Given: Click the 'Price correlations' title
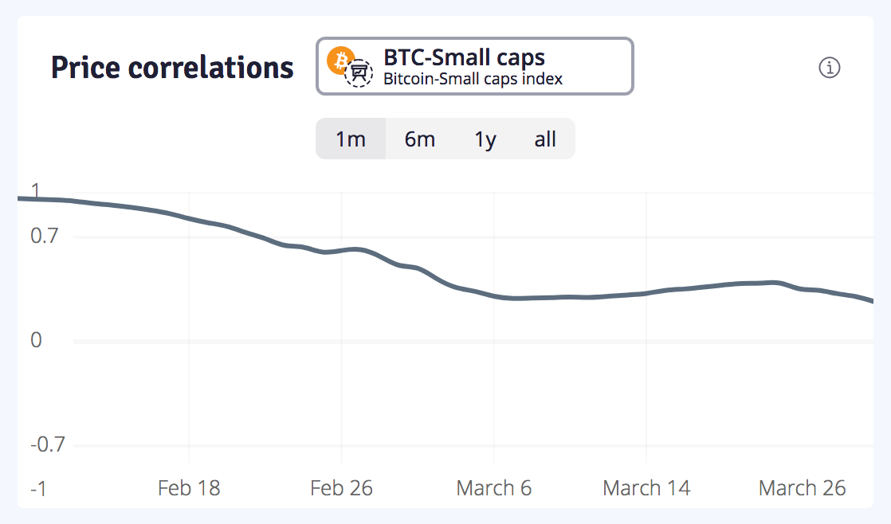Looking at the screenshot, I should pos(172,68).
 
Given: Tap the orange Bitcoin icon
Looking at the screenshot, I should pos(341,60).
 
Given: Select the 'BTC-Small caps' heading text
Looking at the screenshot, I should pos(464,57).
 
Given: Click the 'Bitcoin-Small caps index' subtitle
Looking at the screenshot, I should pos(473,79).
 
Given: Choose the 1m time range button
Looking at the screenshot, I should pos(351,139).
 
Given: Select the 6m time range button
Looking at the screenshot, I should pos(420,139).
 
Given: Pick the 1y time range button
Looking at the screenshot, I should pos(485,139).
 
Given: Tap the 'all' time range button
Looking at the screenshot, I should pos(545,139).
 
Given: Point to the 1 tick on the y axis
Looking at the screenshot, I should pos(34,190).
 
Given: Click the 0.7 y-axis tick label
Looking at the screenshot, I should pos(45,237).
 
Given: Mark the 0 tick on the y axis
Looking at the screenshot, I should pos(35,341).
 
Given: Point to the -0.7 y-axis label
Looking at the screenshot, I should pos(47,444).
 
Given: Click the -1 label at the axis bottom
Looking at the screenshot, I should pos(38,488).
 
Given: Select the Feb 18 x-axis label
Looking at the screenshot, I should pos(189,488).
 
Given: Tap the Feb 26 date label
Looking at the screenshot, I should pos(341,488).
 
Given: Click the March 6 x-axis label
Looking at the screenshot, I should pos(494,488).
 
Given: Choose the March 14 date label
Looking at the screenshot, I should pos(646,488).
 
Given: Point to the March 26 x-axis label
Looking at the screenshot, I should pos(802,488).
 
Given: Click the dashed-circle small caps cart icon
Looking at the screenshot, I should pos(359,73).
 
